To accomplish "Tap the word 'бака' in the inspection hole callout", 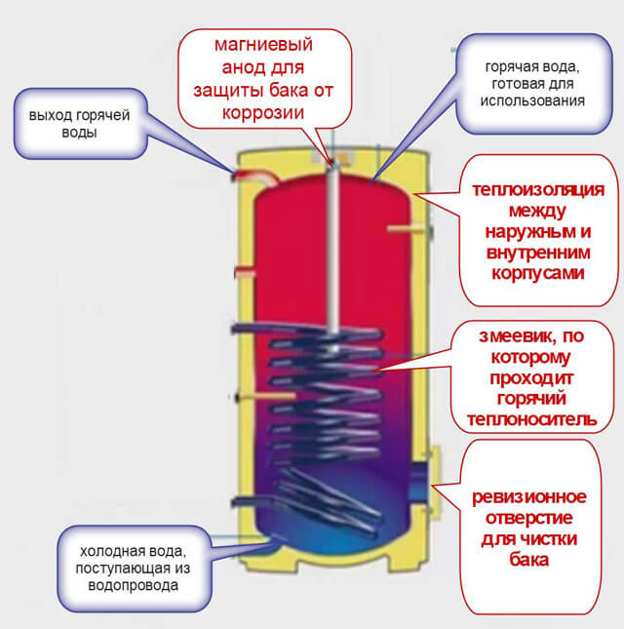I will click(x=531, y=562).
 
